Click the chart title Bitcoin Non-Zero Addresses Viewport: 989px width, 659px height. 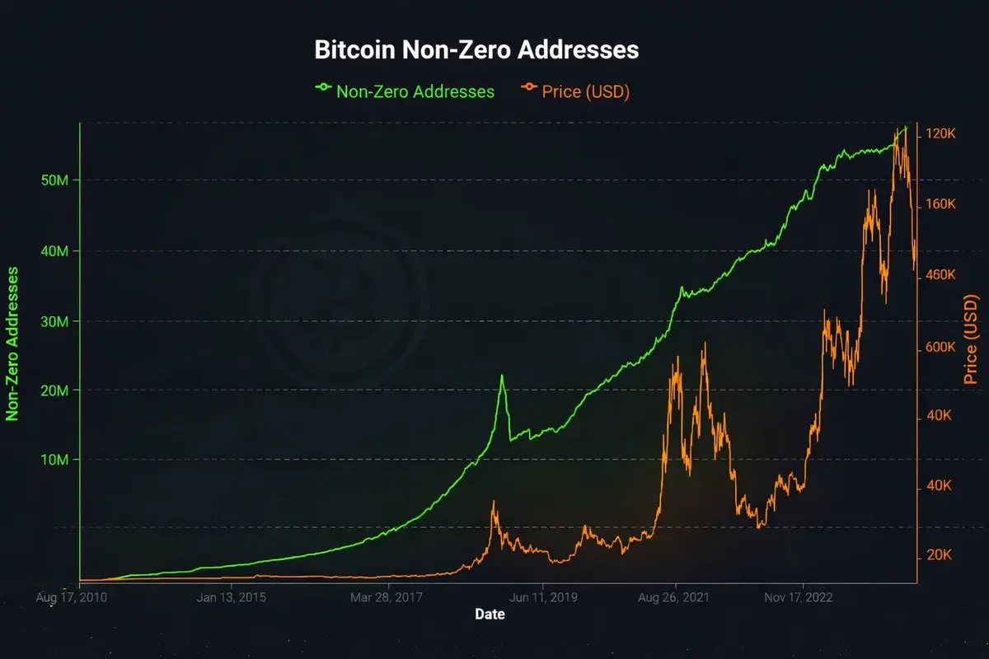476,49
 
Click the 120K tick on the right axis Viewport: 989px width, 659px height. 940,134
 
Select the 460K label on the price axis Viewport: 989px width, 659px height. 940,274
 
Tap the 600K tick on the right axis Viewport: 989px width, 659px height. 940,348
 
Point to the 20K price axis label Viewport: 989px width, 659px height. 940,555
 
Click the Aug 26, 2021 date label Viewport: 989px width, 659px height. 674,596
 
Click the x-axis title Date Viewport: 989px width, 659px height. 490,615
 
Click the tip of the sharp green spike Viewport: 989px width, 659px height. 501,376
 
